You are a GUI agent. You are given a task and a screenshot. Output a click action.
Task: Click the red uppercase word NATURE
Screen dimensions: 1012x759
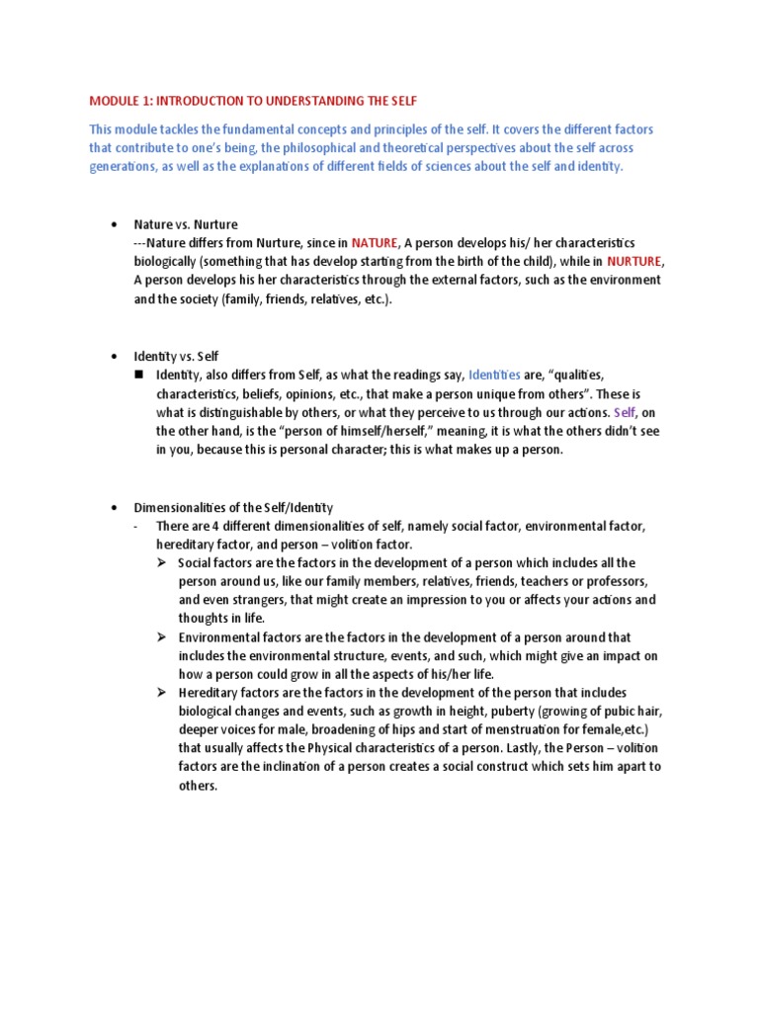375,242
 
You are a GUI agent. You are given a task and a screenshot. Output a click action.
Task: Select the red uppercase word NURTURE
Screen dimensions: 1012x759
635,261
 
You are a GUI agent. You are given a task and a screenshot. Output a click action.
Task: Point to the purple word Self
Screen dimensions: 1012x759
626,412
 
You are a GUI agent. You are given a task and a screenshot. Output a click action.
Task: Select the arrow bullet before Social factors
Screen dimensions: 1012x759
162,562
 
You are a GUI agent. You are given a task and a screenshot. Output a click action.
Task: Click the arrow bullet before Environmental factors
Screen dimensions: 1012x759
162,637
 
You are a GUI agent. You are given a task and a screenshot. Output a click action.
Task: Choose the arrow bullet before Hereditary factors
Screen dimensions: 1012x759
162,693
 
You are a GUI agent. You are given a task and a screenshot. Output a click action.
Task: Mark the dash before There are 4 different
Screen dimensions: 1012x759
136,526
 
